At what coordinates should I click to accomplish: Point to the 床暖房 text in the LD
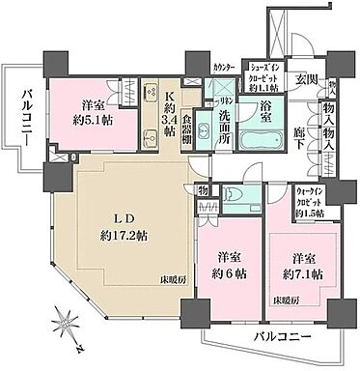coord(175,280)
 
